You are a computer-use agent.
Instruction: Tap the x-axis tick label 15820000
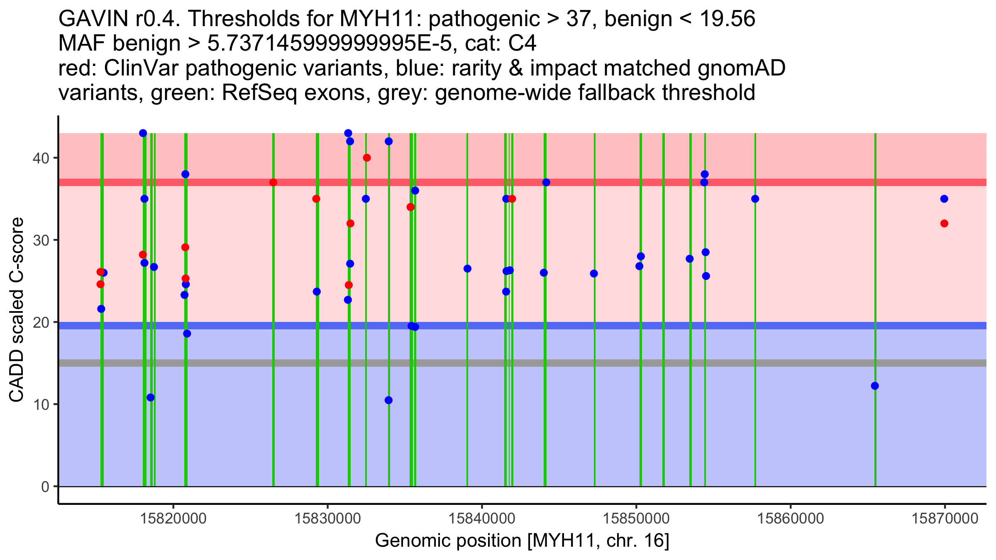click(x=173, y=519)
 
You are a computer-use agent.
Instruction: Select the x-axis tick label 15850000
click(x=636, y=519)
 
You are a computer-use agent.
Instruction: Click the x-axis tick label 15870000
click(x=945, y=519)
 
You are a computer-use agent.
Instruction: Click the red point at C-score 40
click(x=367, y=158)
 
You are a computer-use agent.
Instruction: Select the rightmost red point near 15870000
click(x=944, y=224)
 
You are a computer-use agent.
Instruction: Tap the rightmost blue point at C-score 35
click(x=944, y=199)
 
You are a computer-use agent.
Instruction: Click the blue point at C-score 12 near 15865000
click(x=875, y=386)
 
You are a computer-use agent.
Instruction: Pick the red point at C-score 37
click(x=273, y=183)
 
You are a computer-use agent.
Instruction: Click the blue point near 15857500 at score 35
click(x=755, y=199)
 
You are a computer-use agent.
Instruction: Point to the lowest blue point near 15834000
click(x=388, y=400)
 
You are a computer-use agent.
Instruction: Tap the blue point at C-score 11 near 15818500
click(x=151, y=397)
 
